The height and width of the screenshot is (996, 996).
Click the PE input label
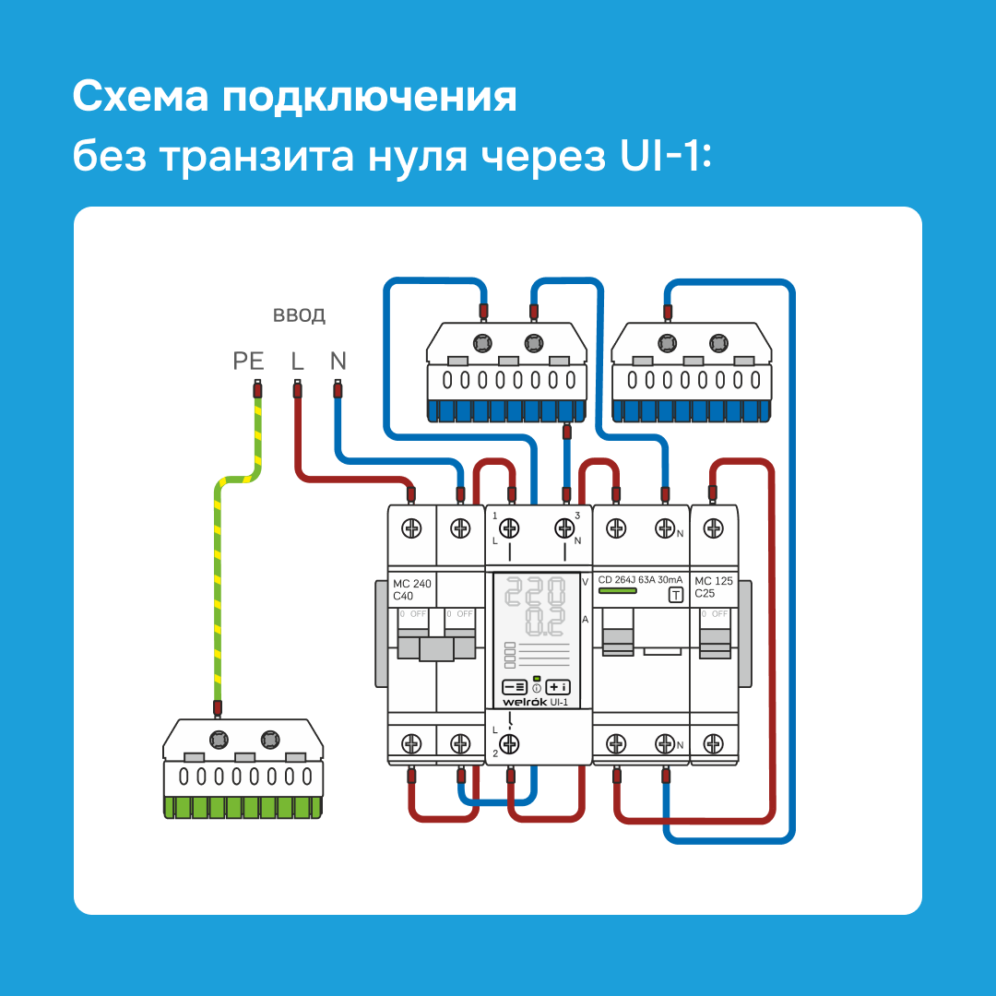pos(248,361)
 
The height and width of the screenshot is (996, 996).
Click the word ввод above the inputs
pos(299,316)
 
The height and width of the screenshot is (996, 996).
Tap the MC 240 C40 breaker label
pos(412,589)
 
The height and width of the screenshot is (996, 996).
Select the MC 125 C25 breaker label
pos(714,587)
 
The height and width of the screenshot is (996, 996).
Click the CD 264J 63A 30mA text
pos(640,580)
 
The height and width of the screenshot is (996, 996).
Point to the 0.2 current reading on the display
pos(544,622)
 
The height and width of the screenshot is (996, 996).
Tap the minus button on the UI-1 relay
pos(514,686)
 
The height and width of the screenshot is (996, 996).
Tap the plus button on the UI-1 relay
pos(558,686)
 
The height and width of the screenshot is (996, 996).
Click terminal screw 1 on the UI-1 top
pos(508,528)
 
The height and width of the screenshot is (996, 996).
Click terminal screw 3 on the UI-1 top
pos(564,528)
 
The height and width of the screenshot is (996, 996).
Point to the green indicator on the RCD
pos(612,592)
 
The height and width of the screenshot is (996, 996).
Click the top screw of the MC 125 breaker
pos(713,528)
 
